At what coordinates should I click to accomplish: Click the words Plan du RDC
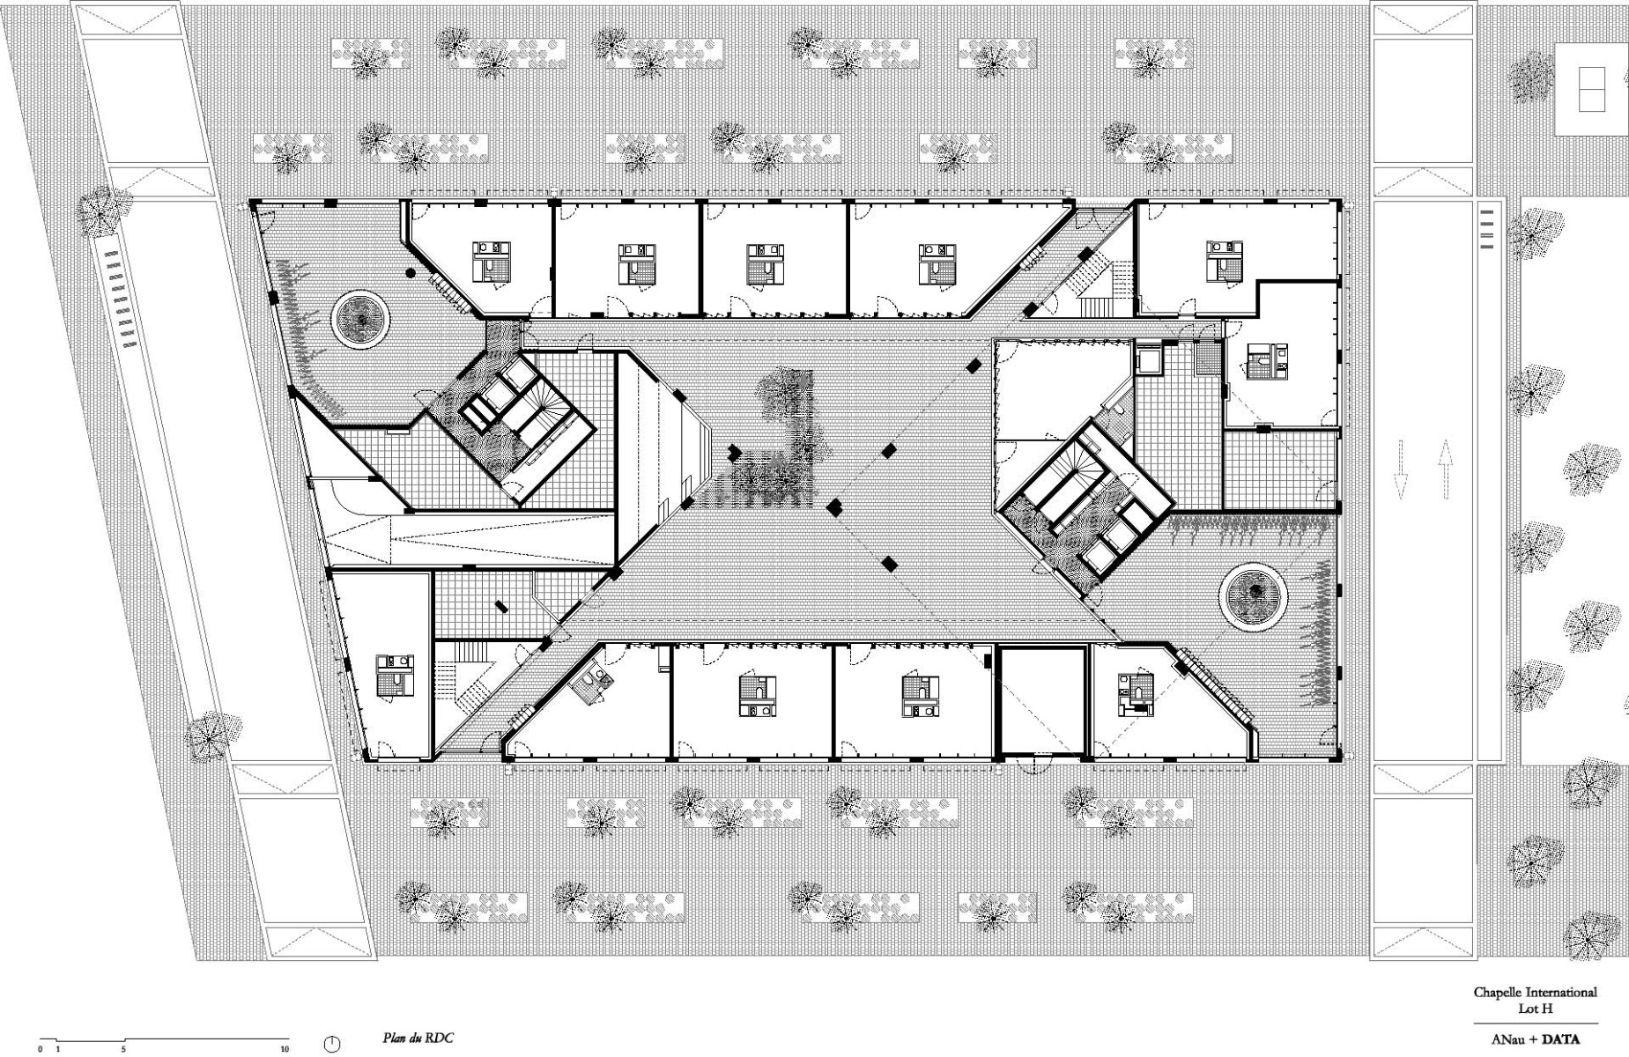(418, 1038)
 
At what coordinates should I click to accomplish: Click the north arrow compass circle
(332, 1045)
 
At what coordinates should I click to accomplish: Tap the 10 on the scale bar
(284, 1050)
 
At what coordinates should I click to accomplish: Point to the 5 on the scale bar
(123, 1050)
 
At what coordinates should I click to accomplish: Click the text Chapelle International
(1535, 992)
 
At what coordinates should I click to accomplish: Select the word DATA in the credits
(1559, 1039)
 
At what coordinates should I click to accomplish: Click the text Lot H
(1535, 1007)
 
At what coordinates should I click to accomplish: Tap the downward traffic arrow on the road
(1400, 470)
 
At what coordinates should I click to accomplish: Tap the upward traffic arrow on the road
(1445, 470)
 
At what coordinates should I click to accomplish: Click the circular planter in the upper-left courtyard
(360, 320)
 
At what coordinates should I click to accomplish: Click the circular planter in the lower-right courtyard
(1252, 596)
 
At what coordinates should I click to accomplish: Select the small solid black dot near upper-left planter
(411, 273)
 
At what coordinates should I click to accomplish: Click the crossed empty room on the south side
(1041, 700)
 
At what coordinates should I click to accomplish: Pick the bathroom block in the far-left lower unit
(394, 676)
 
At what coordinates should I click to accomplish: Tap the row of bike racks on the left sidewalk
(123, 299)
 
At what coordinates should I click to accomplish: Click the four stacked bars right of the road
(1487, 229)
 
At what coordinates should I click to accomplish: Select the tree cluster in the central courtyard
(780, 440)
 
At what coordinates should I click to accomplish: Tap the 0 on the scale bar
(41, 1050)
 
